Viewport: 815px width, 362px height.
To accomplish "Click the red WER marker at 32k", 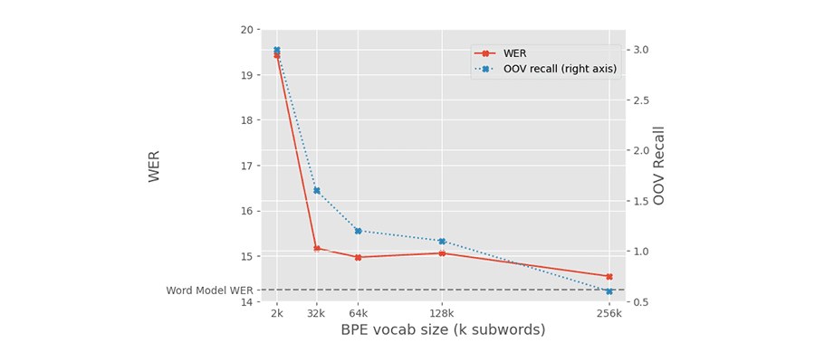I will pos(317,248).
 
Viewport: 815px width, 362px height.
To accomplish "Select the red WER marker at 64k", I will pos(358,257).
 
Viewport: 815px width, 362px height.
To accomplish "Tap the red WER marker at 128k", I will pos(442,253).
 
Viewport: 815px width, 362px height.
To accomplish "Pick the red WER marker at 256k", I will pos(609,276).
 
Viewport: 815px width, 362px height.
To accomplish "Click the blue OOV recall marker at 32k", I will pos(317,190).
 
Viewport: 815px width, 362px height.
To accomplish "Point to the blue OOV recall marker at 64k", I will pos(358,231).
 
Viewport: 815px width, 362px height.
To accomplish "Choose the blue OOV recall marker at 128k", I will pos(442,241).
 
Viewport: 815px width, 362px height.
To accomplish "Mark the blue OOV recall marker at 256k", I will pos(609,291).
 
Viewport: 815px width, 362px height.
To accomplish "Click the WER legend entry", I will pos(514,53).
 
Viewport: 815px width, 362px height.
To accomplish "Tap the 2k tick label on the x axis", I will pos(277,314).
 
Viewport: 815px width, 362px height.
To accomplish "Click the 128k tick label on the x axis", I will pos(442,314).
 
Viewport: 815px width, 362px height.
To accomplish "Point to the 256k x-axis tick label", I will pos(609,314).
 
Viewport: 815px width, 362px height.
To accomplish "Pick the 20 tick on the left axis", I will pos(246,30).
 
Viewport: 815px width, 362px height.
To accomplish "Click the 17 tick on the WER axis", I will pos(246,166).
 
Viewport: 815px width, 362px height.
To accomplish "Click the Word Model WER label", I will pos(210,291).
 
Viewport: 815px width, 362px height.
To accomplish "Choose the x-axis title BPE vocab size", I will pos(443,330).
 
